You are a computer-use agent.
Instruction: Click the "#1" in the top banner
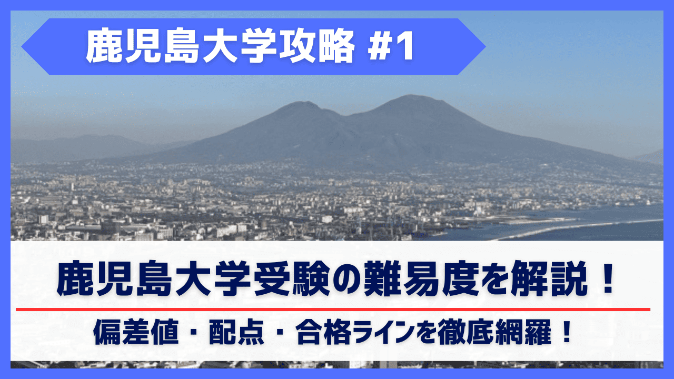(x=391, y=46)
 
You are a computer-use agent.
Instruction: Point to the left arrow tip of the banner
(x=22, y=47)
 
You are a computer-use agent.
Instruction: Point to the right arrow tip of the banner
(x=485, y=47)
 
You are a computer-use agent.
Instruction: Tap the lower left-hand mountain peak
(x=302, y=103)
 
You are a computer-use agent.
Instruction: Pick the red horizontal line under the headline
(x=333, y=309)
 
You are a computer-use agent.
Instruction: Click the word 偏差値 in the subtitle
(x=136, y=332)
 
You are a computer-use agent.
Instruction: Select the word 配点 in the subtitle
(x=236, y=332)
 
